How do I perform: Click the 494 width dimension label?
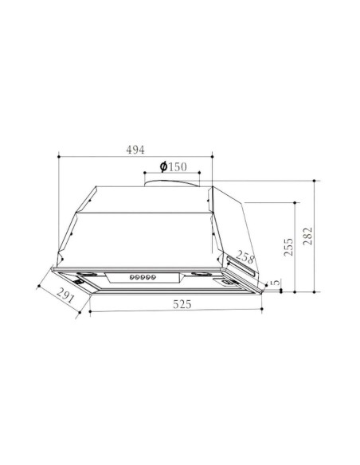point(135,150)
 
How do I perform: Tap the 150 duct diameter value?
point(178,167)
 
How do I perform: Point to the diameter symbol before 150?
point(163,166)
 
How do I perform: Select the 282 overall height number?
point(308,236)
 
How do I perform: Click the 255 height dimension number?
point(288,247)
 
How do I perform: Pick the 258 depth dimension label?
point(245,257)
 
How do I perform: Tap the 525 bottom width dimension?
point(182,304)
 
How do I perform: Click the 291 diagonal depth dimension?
point(65,295)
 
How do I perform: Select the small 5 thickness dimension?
point(276,282)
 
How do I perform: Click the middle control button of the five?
point(143,277)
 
